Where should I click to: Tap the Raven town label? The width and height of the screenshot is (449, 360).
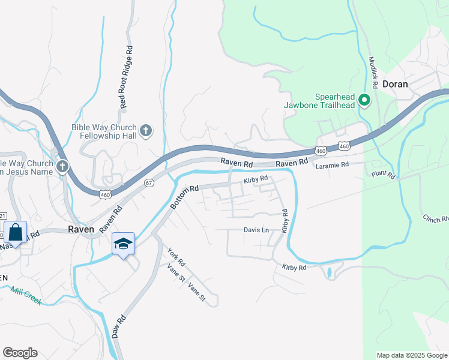(x=80, y=229)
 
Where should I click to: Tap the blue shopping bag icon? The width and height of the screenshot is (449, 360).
(x=14, y=233)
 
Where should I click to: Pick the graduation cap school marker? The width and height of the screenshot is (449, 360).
(x=123, y=244)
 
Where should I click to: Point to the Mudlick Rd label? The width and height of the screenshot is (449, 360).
(x=372, y=73)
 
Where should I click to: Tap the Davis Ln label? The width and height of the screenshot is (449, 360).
(x=256, y=230)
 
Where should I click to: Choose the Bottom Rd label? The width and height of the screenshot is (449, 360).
(x=184, y=197)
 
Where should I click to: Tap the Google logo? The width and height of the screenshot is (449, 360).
(x=20, y=353)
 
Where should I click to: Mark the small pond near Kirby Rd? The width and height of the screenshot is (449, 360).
(x=329, y=272)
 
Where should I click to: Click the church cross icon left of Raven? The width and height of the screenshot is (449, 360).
(x=62, y=165)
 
